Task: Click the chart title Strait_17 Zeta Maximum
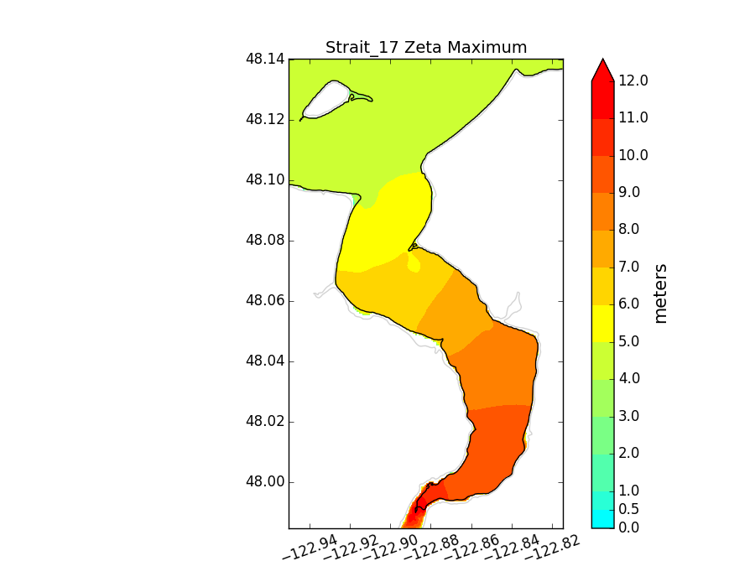426,47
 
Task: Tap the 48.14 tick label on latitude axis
264,60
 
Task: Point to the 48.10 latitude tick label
264,180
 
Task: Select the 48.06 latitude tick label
264,301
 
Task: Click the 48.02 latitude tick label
264,422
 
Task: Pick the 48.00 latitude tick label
264,482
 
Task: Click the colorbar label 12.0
633,81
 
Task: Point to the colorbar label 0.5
629,509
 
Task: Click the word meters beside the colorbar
661,293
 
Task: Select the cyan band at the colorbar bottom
602,518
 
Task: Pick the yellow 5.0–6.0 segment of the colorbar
602,324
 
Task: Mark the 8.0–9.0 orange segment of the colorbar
602,212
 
